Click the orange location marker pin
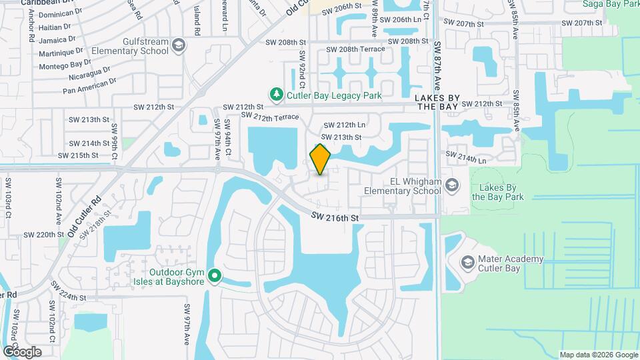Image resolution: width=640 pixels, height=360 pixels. point(320,159)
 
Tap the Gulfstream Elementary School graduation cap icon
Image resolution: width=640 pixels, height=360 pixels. point(178,45)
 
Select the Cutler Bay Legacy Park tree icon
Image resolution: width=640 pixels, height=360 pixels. point(276,95)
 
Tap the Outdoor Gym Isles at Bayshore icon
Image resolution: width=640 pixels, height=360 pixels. point(215,275)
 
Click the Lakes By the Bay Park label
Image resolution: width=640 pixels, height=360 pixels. point(497,192)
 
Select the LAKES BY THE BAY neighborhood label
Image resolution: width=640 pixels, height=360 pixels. point(437,102)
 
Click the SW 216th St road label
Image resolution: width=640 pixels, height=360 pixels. point(335,218)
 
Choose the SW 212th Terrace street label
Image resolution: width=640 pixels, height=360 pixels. point(271,117)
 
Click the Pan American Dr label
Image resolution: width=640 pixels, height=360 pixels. point(89,85)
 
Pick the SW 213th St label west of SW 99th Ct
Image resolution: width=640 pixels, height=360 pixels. point(89,120)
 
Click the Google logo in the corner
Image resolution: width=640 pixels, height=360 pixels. point(22,351)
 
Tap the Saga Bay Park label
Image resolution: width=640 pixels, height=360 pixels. point(611,4)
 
